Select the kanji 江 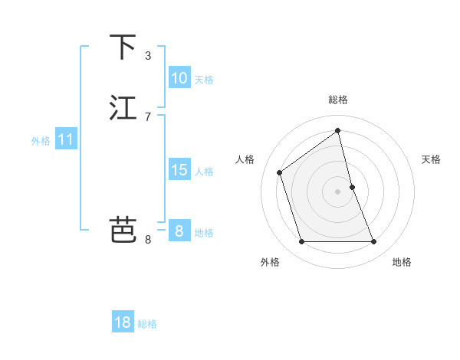click(123, 108)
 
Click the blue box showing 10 click(179, 78)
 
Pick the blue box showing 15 click(179, 170)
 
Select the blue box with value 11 click(66, 139)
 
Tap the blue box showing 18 click(123, 322)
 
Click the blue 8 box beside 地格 click(179, 231)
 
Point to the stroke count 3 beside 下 click(148, 56)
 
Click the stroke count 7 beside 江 click(148, 117)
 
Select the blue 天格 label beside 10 click(204, 80)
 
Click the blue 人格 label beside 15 click(204, 172)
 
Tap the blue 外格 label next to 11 click(41, 141)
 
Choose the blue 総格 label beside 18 click(147, 324)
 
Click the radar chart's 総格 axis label click(338, 100)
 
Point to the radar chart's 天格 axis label click(432, 159)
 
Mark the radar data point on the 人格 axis click(280, 172)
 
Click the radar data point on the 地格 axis click(374, 242)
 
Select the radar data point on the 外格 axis click(301, 242)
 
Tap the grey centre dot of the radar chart click(338, 191)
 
